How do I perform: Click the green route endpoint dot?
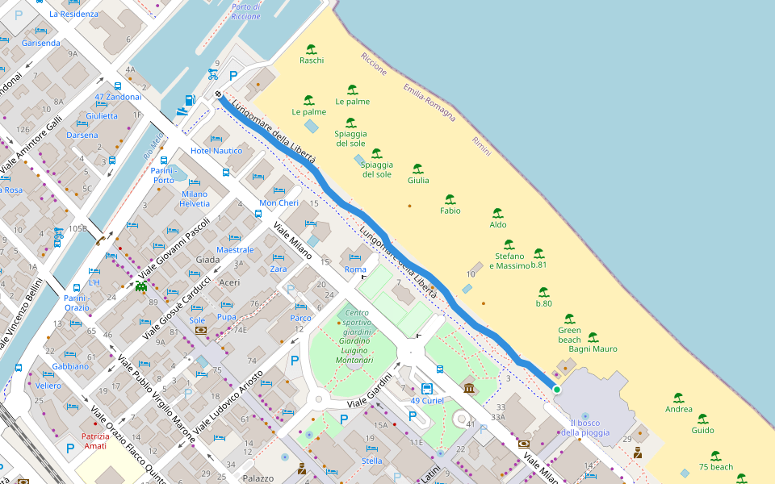(556, 390)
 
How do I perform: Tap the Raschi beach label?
(312, 60)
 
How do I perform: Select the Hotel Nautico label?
(216, 151)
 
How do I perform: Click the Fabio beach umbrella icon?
(450, 198)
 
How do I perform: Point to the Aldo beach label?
(498, 225)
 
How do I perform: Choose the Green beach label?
(569, 335)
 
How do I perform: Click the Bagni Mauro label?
(593, 349)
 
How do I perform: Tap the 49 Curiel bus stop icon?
(427, 389)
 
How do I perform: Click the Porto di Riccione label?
(245, 11)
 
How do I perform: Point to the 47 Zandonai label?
(118, 97)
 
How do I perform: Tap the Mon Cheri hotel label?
(279, 203)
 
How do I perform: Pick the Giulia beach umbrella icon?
(417, 169)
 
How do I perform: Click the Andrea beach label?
(678, 409)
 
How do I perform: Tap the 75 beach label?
(715, 467)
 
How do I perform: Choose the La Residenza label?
(73, 15)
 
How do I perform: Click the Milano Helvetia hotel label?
(195, 198)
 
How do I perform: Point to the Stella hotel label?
(372, 461)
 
